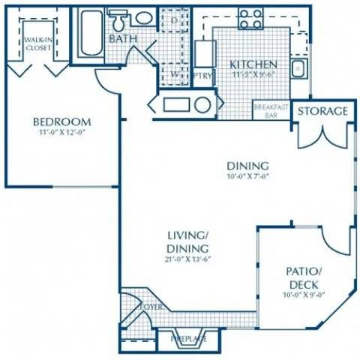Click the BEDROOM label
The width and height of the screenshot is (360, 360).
click(x=61, y=121)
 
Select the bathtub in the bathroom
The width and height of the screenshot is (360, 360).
click(x=92, y=33)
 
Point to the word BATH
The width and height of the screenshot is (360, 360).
click(x=121, y=38)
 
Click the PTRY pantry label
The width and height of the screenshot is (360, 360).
click(x=201, y=76)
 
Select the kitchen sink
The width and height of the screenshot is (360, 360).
click(x=298, y=69)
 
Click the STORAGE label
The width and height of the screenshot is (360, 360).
click(x=322, y=112)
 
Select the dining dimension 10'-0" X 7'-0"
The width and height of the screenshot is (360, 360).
click(x=247, y=178)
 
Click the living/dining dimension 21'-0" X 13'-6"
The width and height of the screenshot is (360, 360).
click(x=187, y=260)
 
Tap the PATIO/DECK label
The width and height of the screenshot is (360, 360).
click(x=304, y=277)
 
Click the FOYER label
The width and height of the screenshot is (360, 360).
click(x=152, y=307)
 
